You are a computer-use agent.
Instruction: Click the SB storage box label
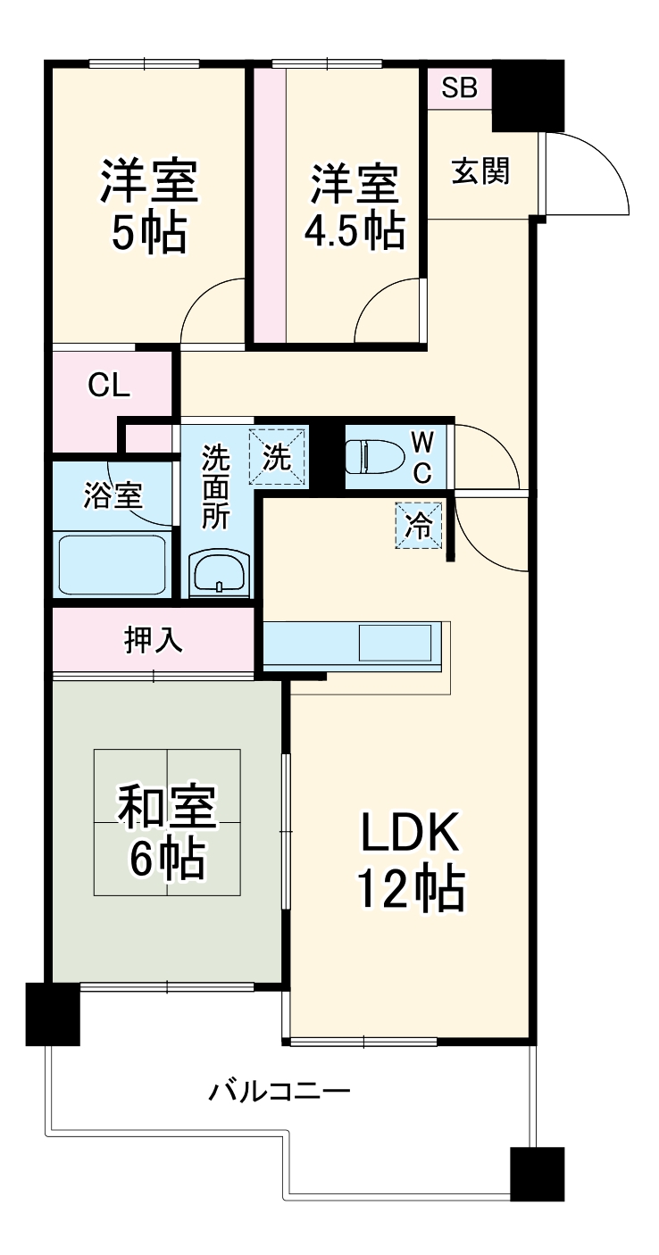(460, 88)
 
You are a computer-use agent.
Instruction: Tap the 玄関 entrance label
(480, 170)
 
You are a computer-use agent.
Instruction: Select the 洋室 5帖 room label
(148, 206)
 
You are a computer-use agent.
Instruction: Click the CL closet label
(110, 386)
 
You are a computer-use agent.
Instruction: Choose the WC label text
(423, 455)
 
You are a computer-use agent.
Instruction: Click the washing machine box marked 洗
(278, 457)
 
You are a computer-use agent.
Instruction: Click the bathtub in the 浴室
(113, 563)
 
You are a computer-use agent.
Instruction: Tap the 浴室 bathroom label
(113, 496)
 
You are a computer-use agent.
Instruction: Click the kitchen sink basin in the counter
(396, 643)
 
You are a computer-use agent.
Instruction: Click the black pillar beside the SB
(528, 96)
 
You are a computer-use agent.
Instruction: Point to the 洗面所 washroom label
(215, 488)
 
